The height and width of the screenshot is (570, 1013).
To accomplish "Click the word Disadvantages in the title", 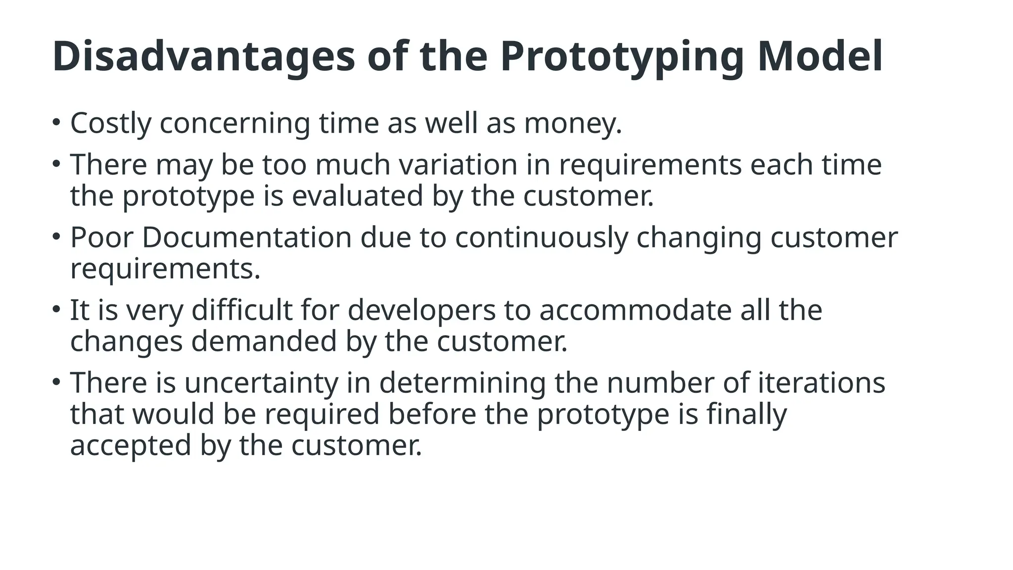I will point(203,56).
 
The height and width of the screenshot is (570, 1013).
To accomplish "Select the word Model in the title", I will point(820,56).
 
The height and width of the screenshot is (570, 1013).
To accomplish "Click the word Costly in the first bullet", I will point(110,123).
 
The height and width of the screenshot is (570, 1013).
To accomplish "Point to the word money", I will point(572,123).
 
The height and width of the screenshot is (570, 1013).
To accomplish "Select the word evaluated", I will point(357,196).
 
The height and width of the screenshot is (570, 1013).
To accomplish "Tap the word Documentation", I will point(246,237).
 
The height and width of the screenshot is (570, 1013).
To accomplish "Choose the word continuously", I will point(541,237).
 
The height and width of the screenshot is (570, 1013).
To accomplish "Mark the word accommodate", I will point(635,311).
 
